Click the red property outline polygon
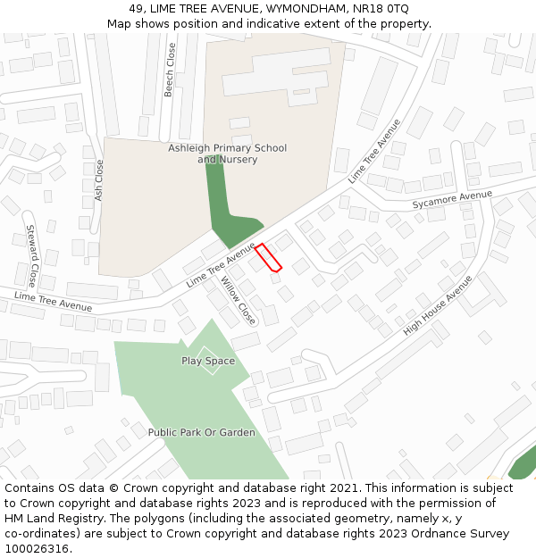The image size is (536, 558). pos(269,257)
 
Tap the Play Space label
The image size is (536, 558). pos(208,361)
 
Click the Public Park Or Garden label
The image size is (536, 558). pos(202,432)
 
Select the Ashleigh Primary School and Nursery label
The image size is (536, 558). pos(228,154)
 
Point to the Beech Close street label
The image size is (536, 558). pos(171,70)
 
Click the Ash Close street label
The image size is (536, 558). pos(99,180)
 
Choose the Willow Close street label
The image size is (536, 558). pos(239,301)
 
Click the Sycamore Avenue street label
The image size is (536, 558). pos(452,200)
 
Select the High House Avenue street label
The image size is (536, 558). pos(438,304)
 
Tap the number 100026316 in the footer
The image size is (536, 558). pos(38,549)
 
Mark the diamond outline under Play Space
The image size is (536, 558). pos(210,361)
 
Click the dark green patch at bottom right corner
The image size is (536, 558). pos(523,466)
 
